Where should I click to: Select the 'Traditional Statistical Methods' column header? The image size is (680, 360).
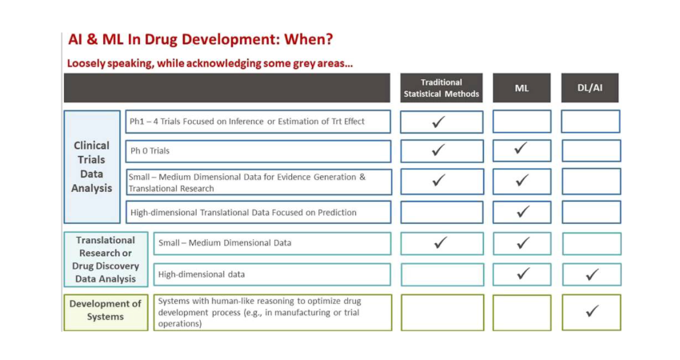[442, 88]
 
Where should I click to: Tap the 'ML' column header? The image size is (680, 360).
[522, 88]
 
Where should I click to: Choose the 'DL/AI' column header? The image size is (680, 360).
[590, 88]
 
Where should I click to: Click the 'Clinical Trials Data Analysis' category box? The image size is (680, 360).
[92, 166]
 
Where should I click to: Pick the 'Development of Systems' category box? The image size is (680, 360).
[106, 312]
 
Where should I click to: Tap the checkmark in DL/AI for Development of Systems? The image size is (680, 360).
[591, 311]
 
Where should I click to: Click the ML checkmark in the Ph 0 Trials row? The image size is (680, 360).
[522, 150]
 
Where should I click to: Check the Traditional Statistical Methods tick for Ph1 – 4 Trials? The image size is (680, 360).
[438, 122]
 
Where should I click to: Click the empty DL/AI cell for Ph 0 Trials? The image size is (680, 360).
[590, 151]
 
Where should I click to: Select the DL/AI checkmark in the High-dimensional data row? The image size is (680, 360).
[591, 274]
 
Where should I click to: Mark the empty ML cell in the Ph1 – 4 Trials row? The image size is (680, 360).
[522, 122]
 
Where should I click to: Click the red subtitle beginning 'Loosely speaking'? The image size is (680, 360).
[210, 63]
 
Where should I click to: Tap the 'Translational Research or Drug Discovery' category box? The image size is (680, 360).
[106, 259]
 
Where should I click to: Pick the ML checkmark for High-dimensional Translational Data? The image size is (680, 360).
[522, 212]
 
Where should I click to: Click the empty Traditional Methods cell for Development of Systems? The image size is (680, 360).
[442, 312]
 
